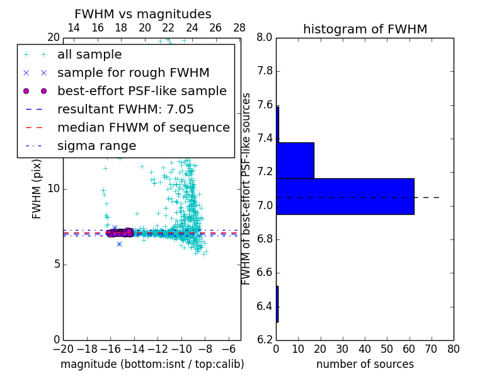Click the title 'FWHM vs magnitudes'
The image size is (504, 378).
[x=143, y=14]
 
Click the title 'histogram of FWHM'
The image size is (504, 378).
[x=365, y=29]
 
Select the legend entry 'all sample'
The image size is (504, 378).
[x=89, y=55]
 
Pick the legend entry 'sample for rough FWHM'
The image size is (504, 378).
[x=133, y=72]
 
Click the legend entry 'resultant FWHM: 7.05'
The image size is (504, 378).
[x=125, y=109]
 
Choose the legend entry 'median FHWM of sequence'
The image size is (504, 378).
[x=143, y=127]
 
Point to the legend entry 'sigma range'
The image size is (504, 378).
[x=96, y=146]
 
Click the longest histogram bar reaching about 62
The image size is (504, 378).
[x=345, y=197]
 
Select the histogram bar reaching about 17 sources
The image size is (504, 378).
[x=295, y=161]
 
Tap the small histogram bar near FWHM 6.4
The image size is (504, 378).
[x=277, y=304]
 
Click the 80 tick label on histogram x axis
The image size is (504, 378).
[x=454, y=348]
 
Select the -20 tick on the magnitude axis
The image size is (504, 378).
[x=63, y=348]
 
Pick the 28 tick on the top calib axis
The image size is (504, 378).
[x=239, y=28]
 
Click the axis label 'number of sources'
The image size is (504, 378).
[x=365, y=364]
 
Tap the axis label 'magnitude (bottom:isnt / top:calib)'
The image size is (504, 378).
[x=152, y=364]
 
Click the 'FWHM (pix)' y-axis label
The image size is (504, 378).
[x=37, y=189]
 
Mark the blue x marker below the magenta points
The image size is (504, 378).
[x=119, y=244]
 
